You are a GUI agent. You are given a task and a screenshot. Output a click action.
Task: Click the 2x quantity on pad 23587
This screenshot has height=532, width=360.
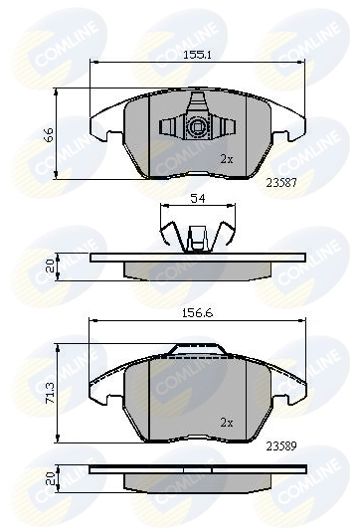[x=226, y=158]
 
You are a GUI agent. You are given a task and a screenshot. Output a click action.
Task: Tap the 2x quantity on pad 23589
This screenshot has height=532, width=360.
[x=226, y=422]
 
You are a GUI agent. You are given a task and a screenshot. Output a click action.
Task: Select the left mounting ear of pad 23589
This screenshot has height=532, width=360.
[x=102, y=390]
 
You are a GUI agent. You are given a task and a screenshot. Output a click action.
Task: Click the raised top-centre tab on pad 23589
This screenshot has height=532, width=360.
[x=199, y=349]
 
